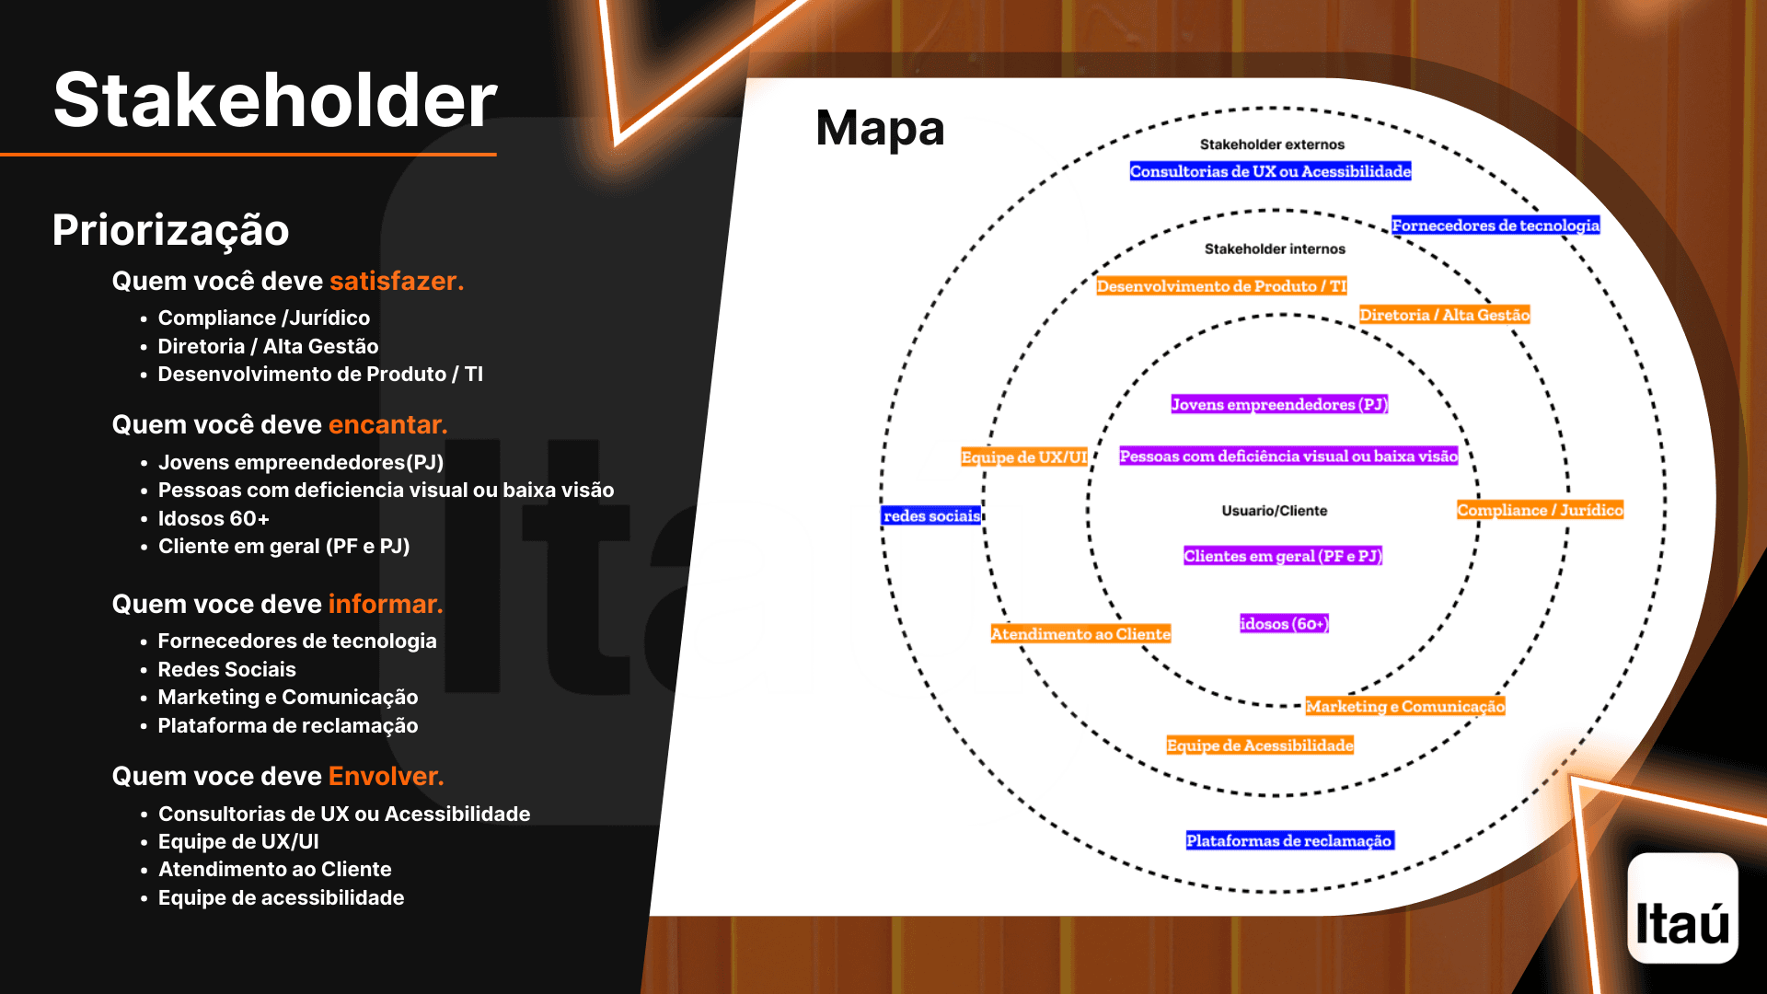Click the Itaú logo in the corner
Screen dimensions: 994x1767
click(x=1682, y=908)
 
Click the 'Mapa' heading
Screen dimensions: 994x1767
click(x=880, y=128)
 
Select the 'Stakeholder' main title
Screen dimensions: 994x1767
click(x=275, y=99)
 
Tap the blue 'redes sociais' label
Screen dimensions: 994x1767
click(x=931, y=516)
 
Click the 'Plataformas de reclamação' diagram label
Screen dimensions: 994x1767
click(x=1288, y=840)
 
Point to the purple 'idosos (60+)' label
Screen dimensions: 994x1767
click(x=1284, y=624)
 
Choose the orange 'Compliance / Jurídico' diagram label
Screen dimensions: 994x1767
click(x=1540, y=510)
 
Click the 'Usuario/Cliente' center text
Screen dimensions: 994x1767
click(x=1274, y=511)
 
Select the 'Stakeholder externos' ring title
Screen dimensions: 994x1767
click(x=1272, y=144)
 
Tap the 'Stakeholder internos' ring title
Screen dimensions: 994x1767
click(x=1275, y=249)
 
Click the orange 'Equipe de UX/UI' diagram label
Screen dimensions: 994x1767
click(x=1023, y=457)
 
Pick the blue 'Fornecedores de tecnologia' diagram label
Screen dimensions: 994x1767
click(x=1495, y=225)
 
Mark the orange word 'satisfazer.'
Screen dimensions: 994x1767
click(x=397, y=281)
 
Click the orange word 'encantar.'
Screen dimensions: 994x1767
click(x=387, y=424)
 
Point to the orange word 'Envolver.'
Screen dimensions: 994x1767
click(x=386, y=776)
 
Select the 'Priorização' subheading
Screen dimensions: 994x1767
click(x=170, y=229)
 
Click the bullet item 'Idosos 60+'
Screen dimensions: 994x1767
click(x=214, y=518)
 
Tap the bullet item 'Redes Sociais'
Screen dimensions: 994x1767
click(x=226, y=669)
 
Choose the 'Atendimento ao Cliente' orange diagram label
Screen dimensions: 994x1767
click(x=1080, y=634)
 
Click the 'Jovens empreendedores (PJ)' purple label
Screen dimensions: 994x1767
click(x=1278, y=404)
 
